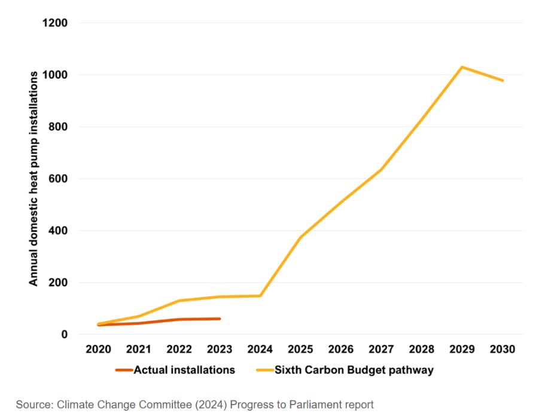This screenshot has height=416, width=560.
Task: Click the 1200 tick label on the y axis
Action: (x=54, y=23)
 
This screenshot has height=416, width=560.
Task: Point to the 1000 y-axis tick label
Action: (x=54, y=75)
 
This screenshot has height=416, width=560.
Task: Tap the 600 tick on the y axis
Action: (x=58, y=179)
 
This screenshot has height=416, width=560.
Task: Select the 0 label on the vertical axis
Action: (x=64, y=335)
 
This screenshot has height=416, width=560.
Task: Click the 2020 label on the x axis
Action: (x=98, y=349)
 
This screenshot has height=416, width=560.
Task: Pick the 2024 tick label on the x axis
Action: (x=260, y=349)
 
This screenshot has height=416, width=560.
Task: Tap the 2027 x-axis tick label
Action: (x=381, y=349)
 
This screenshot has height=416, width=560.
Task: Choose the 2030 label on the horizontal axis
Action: (x=502, y=349)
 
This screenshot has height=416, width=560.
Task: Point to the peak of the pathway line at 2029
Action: (x=462, y=67)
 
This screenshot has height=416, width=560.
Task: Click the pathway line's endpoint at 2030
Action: (x=503, y=81)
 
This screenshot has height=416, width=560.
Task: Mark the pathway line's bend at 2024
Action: (x=260, y=296)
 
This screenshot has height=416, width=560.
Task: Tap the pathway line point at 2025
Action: (x=301, y=237)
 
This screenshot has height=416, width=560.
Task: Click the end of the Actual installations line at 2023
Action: (x=220, y=319)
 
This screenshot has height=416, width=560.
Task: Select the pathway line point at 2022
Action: (x=179, y=301)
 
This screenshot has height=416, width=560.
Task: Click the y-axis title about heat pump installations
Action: (x=34, y=178)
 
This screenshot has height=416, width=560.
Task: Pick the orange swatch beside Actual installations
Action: (x=124, y=370)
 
